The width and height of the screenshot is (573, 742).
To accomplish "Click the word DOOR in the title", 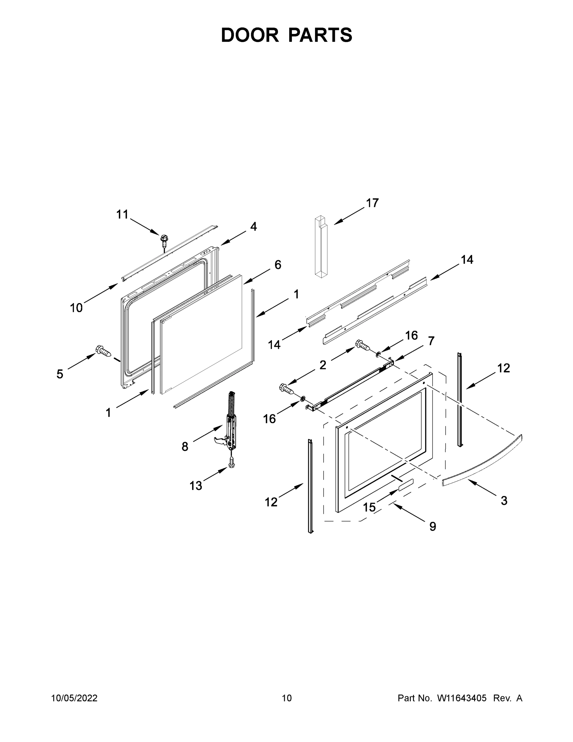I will tap(250, 35).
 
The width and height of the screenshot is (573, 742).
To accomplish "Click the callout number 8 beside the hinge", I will tap(185, 446).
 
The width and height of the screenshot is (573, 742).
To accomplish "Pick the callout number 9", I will tap(432, 526).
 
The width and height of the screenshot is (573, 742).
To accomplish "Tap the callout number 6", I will tap(278, 265).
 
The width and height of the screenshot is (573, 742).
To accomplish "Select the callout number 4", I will tap(253, 227).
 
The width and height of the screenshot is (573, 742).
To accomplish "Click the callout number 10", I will tap(76, 308).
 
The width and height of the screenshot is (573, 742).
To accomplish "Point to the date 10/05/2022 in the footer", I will tap(74, 698).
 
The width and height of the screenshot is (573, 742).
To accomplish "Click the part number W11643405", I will tap(462, 698).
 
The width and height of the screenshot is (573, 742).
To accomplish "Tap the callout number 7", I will tap(431, 341).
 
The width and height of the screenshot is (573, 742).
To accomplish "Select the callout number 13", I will tap(196, 486).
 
